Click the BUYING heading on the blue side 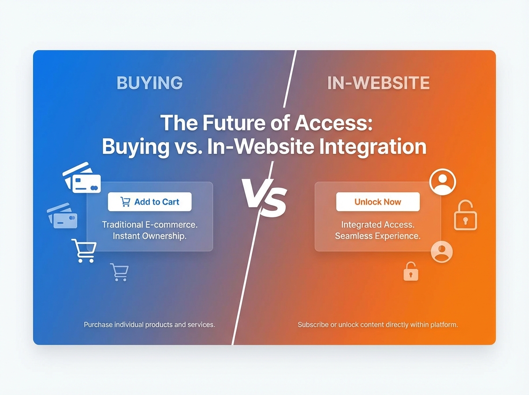tap(149, 83)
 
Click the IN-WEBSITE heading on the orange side tap(378, 83)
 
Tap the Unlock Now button tap(378, 202)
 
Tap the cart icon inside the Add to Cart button tap(125, 202)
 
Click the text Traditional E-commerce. tap(150, 224)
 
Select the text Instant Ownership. tap(150, 236)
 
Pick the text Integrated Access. tap(378, 225)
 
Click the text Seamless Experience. tap(378, 236)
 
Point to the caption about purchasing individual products tap(149, 325)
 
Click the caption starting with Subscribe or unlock tap(378, 325)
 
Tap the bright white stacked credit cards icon tap(82, 178)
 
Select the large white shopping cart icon tap(84, 250)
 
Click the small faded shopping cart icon tap(119, 272)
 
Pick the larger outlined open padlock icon tap(465, 216)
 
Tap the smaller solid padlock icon tap(411, 272)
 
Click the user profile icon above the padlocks tap(443, 182)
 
